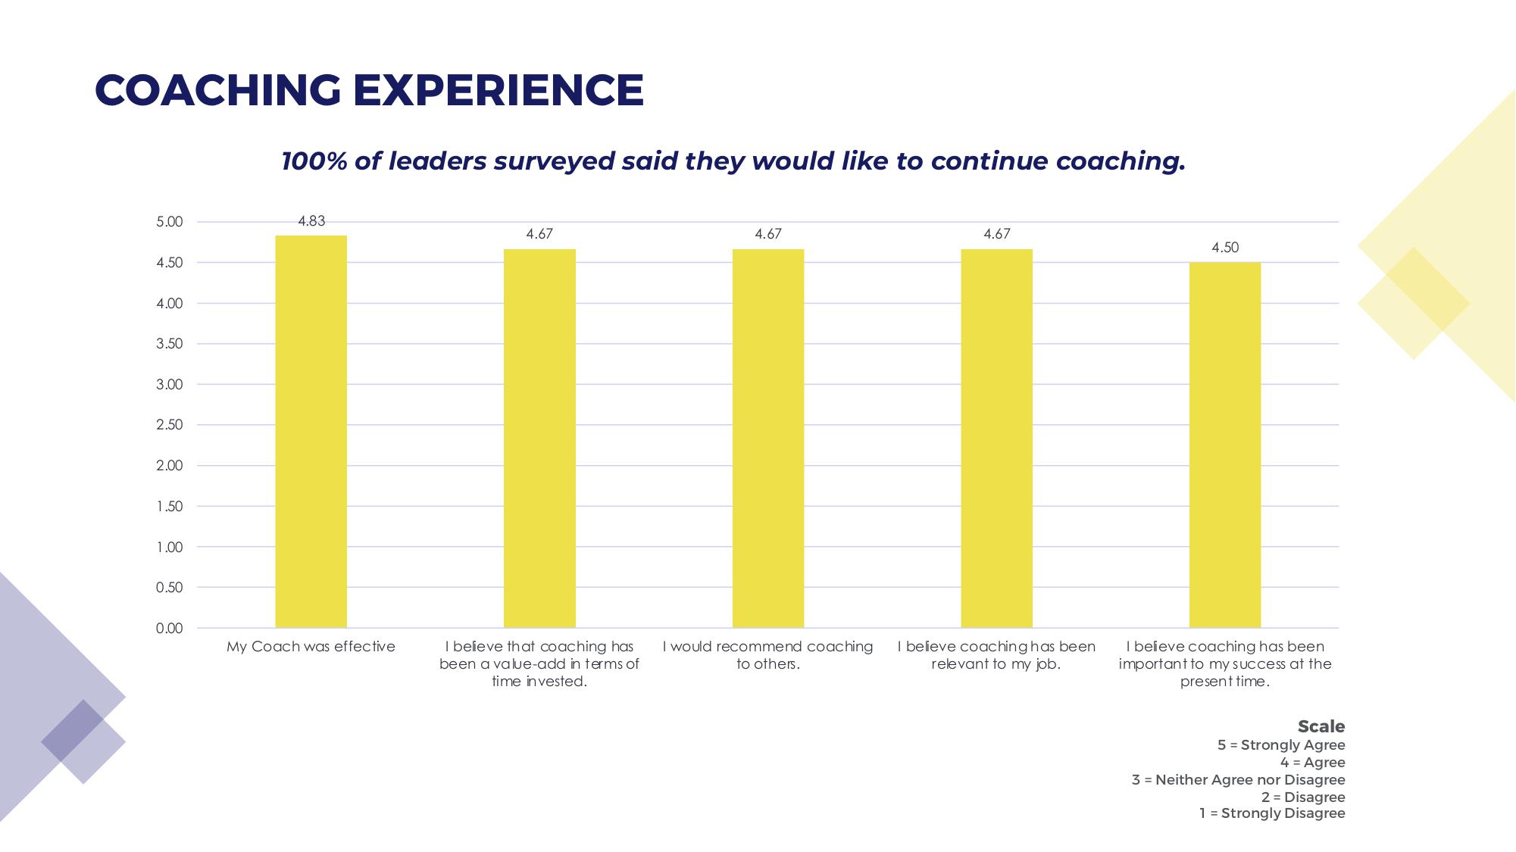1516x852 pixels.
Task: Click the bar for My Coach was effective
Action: (311, 432)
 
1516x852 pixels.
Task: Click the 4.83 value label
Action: (311, 221)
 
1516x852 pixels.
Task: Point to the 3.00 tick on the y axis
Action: (170, 385)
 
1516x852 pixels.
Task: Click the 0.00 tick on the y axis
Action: (170, 629)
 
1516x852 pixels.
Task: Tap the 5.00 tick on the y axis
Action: (170, 222)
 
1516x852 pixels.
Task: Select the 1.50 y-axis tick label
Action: (170, 507)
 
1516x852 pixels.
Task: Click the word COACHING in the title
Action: (218, 90)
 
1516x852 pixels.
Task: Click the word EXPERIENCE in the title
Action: (499, 90)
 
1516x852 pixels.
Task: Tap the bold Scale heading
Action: (1321, 726)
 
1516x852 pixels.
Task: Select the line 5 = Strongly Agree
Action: (1280, 745)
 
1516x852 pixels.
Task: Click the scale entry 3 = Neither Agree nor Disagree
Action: (1238, 780)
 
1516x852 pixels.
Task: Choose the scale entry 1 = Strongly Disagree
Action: (1272, 813)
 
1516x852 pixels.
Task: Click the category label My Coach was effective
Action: (311, 647)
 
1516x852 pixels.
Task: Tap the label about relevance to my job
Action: (996, 655)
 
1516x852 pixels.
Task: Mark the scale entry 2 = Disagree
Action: (1303, 797)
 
